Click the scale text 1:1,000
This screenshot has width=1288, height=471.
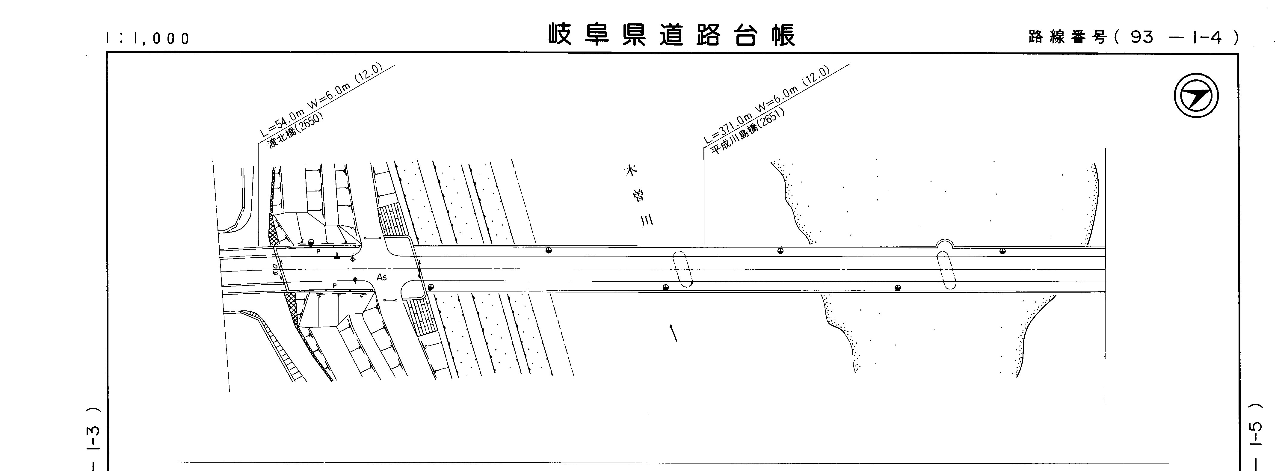pos(148,38)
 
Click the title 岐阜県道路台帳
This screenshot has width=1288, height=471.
pos(671,35)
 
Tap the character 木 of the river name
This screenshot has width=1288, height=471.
pos(631,170)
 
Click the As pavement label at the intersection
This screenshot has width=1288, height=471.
pos(381,277)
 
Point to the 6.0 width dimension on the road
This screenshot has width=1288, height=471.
pos(276,270)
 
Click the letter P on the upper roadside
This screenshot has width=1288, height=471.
pos(318,251)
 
